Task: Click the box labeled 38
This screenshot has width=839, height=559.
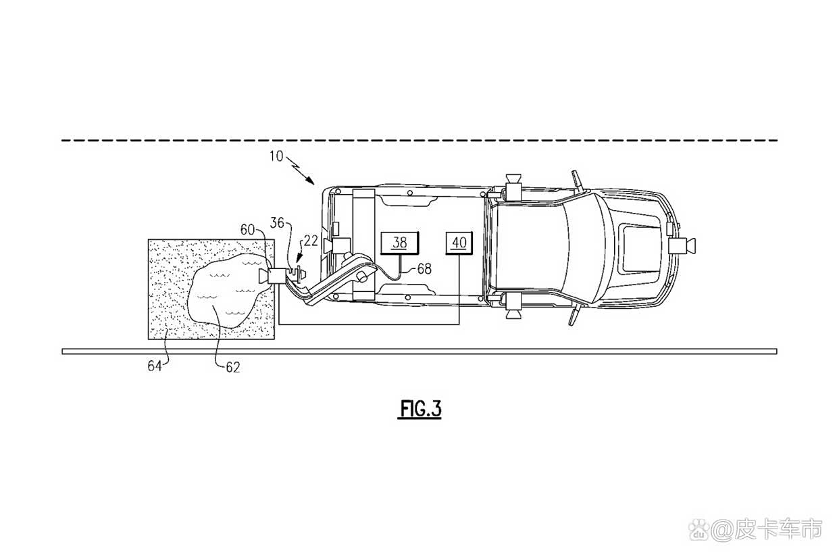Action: pos(399,243)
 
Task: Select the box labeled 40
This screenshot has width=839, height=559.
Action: pos(459,243)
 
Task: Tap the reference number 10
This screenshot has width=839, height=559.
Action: pos(276,156)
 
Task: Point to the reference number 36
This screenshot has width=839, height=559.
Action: pos(277,222)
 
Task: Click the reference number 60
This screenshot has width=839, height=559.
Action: pos(248,229)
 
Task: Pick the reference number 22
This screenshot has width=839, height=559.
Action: pos(311,241)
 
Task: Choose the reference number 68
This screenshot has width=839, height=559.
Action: pos(424,268)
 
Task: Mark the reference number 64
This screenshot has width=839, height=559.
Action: pos(154,366)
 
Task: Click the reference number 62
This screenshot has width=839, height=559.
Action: pos(232,367)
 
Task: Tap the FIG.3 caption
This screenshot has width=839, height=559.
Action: pos(419,408)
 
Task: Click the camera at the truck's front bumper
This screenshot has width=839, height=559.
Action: pos(682,246)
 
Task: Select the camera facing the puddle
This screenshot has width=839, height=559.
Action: pos(272,276)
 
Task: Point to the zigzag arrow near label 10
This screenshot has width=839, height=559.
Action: pos(301,170)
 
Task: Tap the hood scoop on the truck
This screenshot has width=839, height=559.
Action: pos(640,247)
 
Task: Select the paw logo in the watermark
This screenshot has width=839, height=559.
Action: pos(699,530)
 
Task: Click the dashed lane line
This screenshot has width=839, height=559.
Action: pos(419,141)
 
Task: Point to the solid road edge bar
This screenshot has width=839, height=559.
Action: pos(419,351)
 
